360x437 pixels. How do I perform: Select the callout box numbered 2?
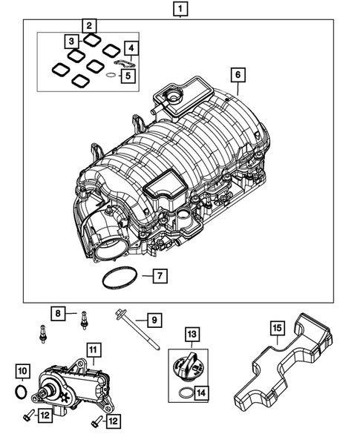(x=89, y=27)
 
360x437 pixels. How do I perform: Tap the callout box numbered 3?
(x=71, y=40)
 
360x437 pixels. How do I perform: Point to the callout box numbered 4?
(x=131, y=50)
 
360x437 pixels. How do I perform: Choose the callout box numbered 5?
(x=128, y=75)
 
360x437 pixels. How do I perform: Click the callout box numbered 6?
(x=238, y=75)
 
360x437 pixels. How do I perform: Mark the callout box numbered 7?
(x=161, y=277)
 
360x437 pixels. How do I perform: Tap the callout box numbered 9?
(x=153, y=321)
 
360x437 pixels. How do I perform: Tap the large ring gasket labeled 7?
(x=117, y=280)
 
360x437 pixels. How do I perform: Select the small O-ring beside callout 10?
(x=22, y=390)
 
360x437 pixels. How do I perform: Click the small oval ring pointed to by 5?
(x=109, y=75)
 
